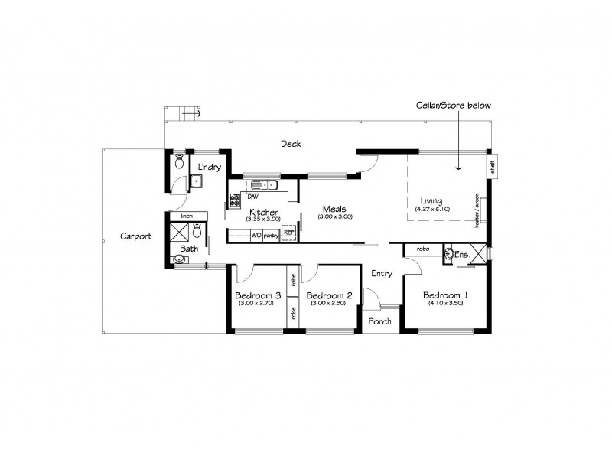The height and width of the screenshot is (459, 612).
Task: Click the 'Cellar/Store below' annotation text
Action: click(453, 104)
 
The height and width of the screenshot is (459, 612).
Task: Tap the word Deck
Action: click(290, 144)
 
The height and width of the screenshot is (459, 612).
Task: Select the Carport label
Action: click(135, 236)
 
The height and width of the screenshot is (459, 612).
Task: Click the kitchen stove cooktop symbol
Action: click(235, 200)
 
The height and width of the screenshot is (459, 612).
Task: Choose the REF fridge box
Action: click(288, 236)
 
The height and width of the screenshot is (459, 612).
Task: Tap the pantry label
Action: click(272, 236)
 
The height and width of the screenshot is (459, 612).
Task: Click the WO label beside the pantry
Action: click(256, 236)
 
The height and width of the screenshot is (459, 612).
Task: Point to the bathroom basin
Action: click(181, 261)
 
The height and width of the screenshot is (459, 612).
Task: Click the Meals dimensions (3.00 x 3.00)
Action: click(337, 216)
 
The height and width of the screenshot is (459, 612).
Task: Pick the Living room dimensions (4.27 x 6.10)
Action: click(432, 209)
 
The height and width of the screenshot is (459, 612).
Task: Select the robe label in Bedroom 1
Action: click(422, 249)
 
